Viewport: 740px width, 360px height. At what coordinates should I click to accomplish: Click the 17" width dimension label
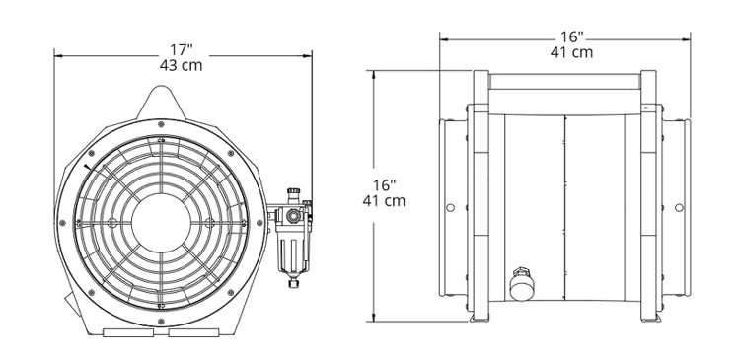point(182,49)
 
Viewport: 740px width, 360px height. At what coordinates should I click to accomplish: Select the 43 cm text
point(182,65)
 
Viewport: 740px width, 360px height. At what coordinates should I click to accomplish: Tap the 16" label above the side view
point(572,36)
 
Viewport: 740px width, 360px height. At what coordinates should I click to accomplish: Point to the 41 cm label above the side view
point(571,52)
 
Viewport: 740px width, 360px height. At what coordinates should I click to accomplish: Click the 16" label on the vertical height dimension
point(385,185)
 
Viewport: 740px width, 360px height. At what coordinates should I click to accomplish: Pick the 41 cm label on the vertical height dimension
point(384,201)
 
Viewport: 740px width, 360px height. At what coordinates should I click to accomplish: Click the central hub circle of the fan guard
point(161,223)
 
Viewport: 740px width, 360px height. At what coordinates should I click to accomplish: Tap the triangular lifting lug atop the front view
point(162,103)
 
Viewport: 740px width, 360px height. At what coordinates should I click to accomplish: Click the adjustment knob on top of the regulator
point(294,193)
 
